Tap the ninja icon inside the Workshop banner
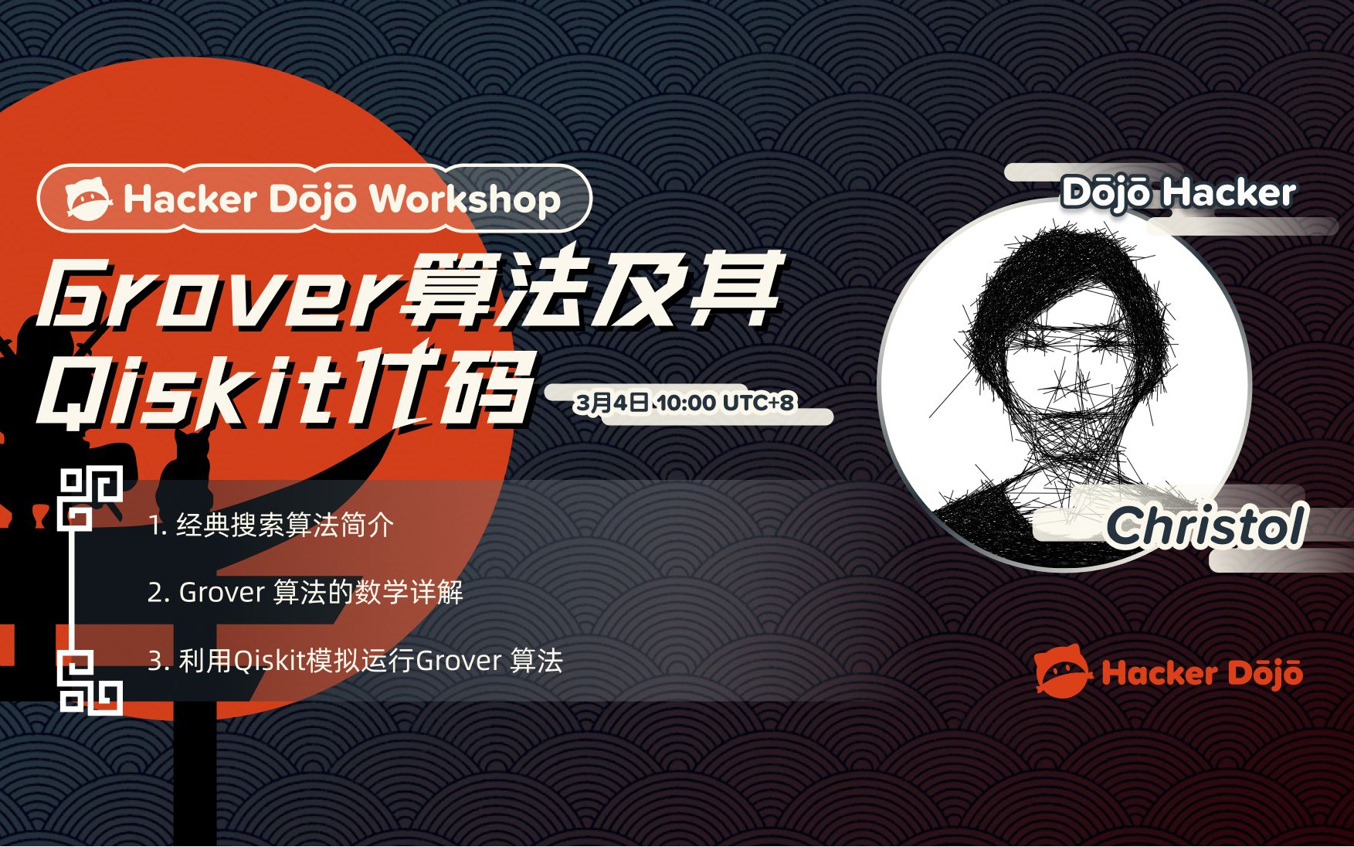(89, 199)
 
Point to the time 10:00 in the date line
(687, 403)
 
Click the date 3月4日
(612, 403)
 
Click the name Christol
(1206, 527)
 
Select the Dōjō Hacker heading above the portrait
(1177, 193)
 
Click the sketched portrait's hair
(1066, 278)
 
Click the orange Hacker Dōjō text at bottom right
(1202, 673)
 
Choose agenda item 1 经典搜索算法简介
(271, 526)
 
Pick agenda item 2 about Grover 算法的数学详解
(305, 593)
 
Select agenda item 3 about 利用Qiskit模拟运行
(355, 661)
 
